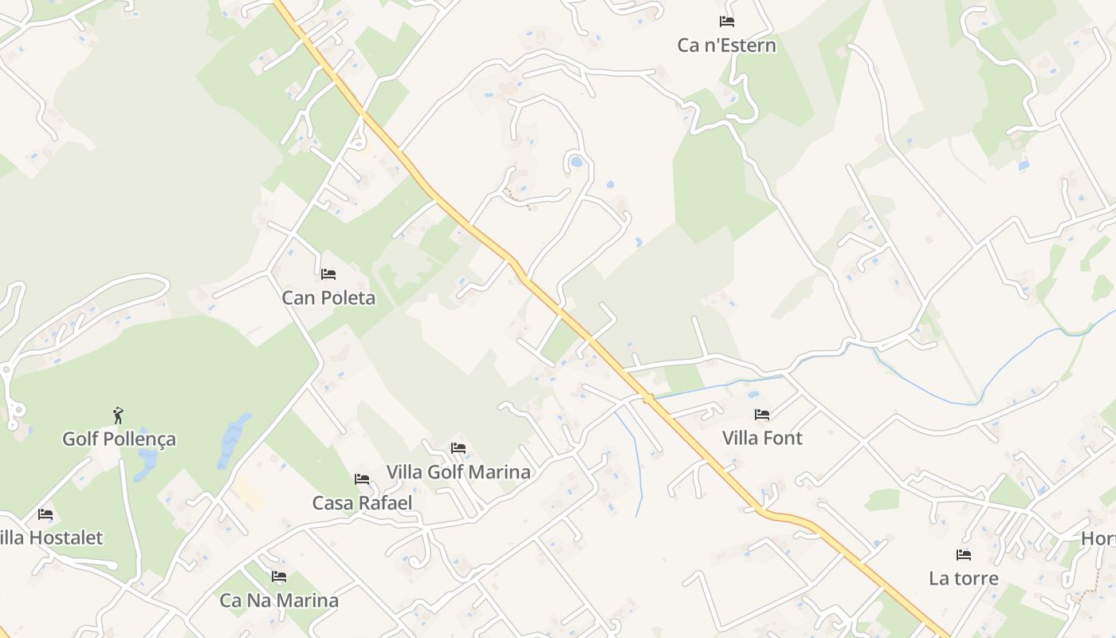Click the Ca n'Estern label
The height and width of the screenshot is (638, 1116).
726,45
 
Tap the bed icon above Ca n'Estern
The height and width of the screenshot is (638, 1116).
726,22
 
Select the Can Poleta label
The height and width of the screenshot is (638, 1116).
328,298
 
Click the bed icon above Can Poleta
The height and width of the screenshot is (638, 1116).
328,274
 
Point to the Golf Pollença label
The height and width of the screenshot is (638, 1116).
119,439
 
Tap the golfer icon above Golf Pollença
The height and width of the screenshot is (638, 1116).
119,415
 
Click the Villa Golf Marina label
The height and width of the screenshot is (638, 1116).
458,472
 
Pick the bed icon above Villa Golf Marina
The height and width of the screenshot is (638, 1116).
458,448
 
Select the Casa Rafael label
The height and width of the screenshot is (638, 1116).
362,503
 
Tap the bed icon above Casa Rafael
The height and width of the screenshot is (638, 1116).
362,479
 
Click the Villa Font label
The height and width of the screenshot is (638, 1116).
762,438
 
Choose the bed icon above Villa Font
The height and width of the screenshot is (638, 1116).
762,414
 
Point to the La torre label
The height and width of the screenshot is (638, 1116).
964,578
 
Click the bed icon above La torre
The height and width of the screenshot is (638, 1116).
964,554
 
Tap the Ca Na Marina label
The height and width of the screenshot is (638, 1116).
279,601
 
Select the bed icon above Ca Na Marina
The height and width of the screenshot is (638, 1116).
279,577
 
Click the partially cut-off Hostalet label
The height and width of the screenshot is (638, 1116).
53,538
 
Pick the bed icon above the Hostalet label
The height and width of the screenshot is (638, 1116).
45,514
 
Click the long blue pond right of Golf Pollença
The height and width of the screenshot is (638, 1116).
234,439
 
